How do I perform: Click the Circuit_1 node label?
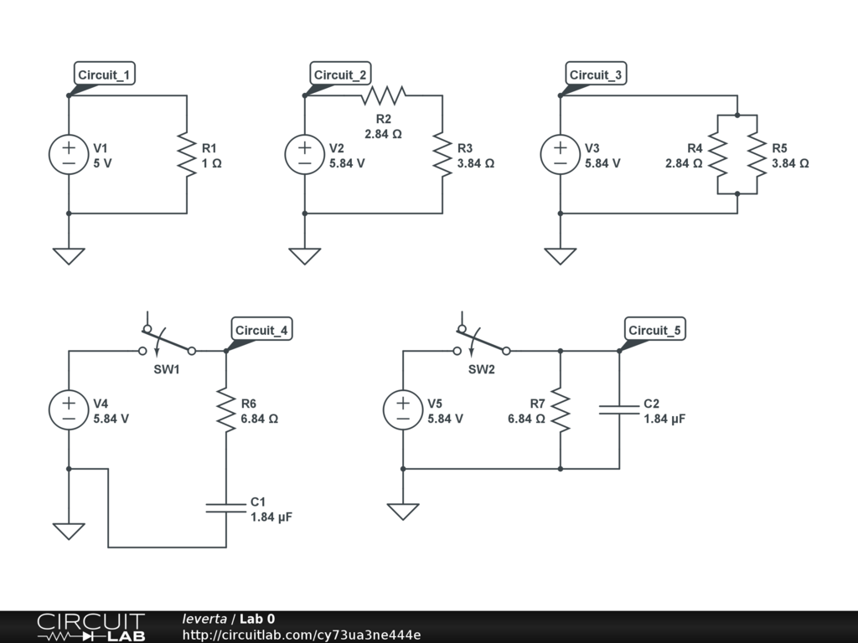104,75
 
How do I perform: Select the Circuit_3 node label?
596,75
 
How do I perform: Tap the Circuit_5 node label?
655,331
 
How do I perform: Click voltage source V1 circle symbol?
69,155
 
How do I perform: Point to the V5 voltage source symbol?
403,410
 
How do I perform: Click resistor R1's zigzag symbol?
186,155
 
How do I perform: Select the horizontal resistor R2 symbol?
383,95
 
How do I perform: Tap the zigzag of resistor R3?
442,155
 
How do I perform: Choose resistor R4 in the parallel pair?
718,155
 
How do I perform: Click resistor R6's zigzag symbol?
225,410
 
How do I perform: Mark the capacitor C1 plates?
225,507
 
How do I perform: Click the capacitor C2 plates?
619,410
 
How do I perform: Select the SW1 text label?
166,369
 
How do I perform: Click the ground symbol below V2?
304,255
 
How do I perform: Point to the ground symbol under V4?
69,531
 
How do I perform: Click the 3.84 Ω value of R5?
790,163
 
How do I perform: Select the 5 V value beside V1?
102,163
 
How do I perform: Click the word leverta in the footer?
204,619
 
